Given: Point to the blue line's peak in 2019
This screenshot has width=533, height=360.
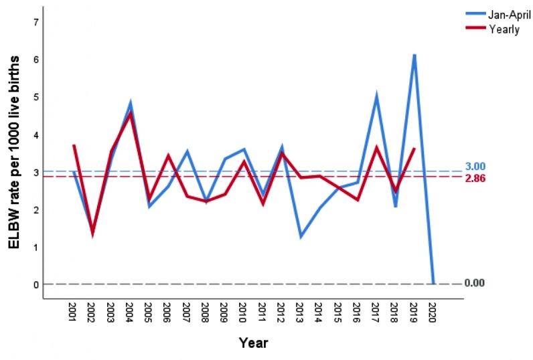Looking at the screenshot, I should [414, 55].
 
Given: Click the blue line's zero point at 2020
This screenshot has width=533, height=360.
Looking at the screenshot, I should [433, 283].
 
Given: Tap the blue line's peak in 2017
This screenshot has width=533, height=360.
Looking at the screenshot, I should [377, 96].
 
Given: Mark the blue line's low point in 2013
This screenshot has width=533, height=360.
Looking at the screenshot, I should [301, 237].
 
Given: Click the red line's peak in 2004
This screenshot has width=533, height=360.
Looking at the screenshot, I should [131, 113].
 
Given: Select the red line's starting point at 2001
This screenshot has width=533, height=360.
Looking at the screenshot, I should [74, 145].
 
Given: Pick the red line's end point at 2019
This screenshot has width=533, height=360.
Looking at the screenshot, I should [414, 148].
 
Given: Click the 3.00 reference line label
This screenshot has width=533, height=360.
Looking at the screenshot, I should [475, 166].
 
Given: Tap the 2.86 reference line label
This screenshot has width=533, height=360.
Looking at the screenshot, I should [475, 179].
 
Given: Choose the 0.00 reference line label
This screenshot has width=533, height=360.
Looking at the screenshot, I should [475, 283].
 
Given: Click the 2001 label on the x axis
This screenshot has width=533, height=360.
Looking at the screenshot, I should [74, 311].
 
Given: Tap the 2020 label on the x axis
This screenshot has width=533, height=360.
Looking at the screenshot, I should [433, 311].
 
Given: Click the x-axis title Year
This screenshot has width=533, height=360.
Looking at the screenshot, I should [254, 343].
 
